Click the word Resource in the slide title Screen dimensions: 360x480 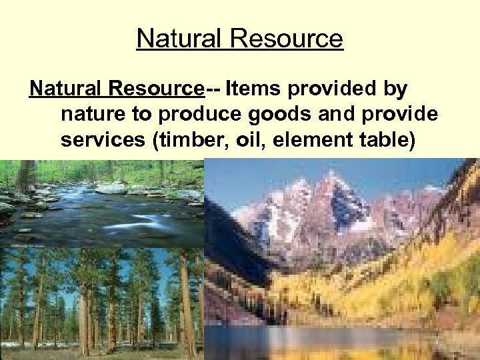[287, 38]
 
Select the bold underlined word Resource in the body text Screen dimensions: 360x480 [157, 88]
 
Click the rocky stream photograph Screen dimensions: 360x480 [100, 203]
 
